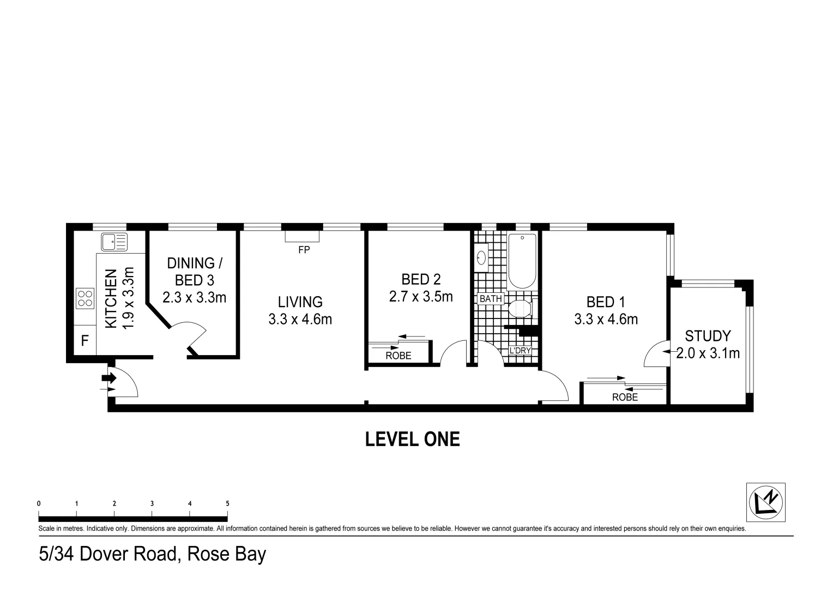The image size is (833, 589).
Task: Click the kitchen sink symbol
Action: pyautogui.click(x=114, y=242)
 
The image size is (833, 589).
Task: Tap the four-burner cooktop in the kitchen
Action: pyautogui.click(x=85, y=298)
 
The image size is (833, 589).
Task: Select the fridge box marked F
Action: pyautogui.click(x=85, y=341)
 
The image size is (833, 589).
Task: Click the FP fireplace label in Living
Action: pyautogui.click(x=303, y=250)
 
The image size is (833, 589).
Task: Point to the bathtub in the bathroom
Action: pyautogui.click(x=522, y=261)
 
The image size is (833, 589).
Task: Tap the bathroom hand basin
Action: pyautogui.click(x=481, y=257)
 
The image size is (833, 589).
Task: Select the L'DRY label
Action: pyautogui.click(x=520, y=350)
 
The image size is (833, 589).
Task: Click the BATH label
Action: pyautogui.click(x=490, y=299)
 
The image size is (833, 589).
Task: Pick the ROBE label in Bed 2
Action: pyautogui.click(x=399, y=356)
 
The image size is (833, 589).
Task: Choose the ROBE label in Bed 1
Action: pyautogui.click(x=625, y=397)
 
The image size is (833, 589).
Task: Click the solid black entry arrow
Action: pyautogui.click(x=110, y=377)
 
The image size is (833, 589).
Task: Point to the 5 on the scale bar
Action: pyautogui.click(x=227, y=503)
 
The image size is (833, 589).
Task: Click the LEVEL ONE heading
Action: pyautogui.click(x=412, y=439)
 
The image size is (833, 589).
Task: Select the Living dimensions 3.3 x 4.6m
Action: pyautogui.click(x=300, y=319)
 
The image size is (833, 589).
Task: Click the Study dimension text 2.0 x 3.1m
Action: pyautogui.click(x=708, y=353)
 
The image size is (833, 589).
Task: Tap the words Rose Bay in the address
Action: pyautogui.click(x=226, y=554)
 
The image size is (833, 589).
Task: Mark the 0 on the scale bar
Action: pyautogui.click(x=39, y=503)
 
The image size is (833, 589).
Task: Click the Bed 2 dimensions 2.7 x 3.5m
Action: pyautogui.click(x=420, y=297)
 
